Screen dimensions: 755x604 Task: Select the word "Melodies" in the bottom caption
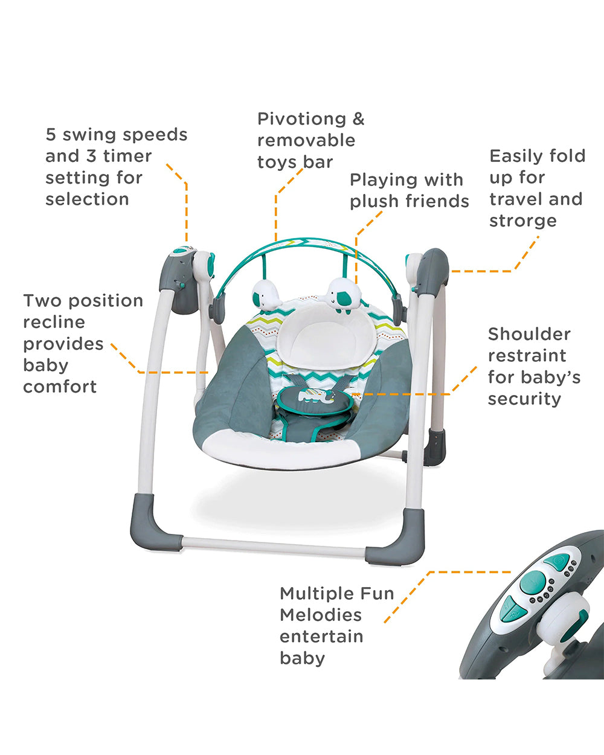point(321,615)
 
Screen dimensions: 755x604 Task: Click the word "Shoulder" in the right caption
point(529,334)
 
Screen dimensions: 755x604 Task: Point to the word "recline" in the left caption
point(54,322)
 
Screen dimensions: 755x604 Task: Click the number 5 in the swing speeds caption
point(51,135)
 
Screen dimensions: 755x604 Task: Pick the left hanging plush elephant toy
point(266,295)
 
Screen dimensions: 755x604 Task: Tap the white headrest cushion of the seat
point(330,337)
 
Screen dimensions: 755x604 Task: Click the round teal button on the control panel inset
point(533,582)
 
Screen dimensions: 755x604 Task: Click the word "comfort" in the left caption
point(60,387)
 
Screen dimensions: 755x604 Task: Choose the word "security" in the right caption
point(524,399)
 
